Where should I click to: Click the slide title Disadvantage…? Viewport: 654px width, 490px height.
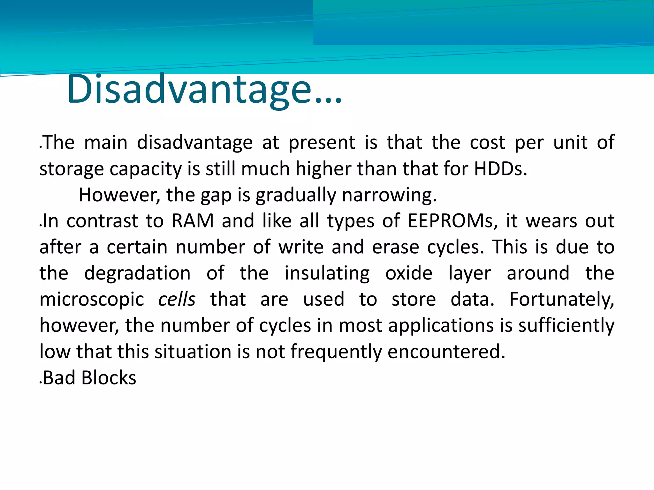click(x=204, y=89)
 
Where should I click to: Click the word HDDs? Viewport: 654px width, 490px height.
click(x=500, y=169)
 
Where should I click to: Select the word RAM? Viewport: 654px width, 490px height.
click(x=193, y=221)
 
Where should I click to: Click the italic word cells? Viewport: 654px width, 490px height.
click(x=177, y=300)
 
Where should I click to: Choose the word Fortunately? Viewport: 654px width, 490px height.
click(x=561, y=300)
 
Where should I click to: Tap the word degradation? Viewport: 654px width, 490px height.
click(x=137, y=273)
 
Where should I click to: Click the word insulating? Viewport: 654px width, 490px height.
click(x=327, y=273)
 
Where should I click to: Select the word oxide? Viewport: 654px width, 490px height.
click(x=409, y=273)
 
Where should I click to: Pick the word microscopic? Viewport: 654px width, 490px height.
click(x=92, y=300)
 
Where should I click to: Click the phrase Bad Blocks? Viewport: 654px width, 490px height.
click(x=89, y=378)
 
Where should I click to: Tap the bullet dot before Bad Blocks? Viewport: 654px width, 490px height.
click(x=41, y=382)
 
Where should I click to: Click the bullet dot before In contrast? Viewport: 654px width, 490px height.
click(x=41, y=226)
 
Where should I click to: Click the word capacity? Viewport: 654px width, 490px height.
click(x=146, y=169)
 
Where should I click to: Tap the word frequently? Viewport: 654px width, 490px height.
click(x=336, y=352)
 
